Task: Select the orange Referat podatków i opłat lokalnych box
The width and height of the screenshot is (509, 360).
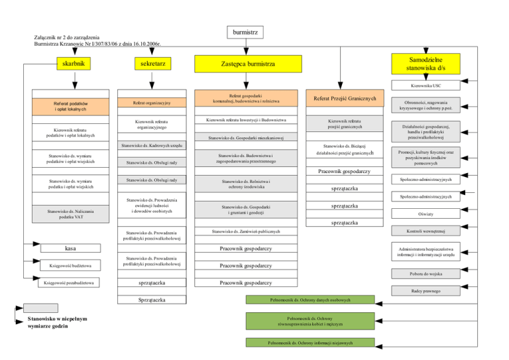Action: [72, 106]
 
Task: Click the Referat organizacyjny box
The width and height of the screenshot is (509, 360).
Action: [152, 103]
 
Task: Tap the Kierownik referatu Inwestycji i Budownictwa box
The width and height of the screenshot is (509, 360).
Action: [246, 120]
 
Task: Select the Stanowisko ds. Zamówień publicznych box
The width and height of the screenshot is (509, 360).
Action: [246, 231]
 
